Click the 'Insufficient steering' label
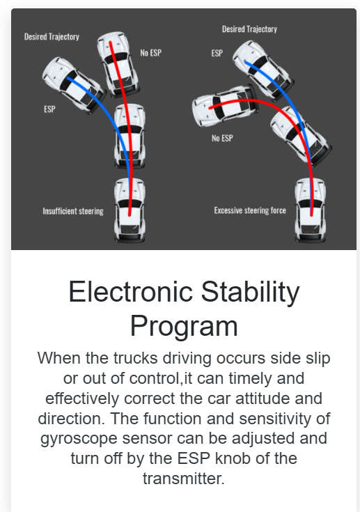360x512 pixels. tap(73, 211)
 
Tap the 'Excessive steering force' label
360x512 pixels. tap(250, 210)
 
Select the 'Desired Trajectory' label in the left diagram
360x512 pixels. tap(52, 36)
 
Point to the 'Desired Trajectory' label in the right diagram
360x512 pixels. tap(250, 29)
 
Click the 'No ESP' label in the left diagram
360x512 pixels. tap(151, 52)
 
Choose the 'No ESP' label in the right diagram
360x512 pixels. tap(222, 138)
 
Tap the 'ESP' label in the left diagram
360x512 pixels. tap(49, 109)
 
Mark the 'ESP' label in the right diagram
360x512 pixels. tap(217, 53)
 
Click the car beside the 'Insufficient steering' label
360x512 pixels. tap(130, 210)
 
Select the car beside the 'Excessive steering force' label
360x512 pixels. tap(311, 210)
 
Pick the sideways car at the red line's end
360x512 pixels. tap(224, 105)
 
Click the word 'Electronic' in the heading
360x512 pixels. tap(130, 292)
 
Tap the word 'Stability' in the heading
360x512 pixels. tap(250, 293)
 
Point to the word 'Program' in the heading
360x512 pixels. tap(184, 327)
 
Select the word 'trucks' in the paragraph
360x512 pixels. tap(136, 358)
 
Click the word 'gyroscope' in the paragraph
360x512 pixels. tap(79, 439)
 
